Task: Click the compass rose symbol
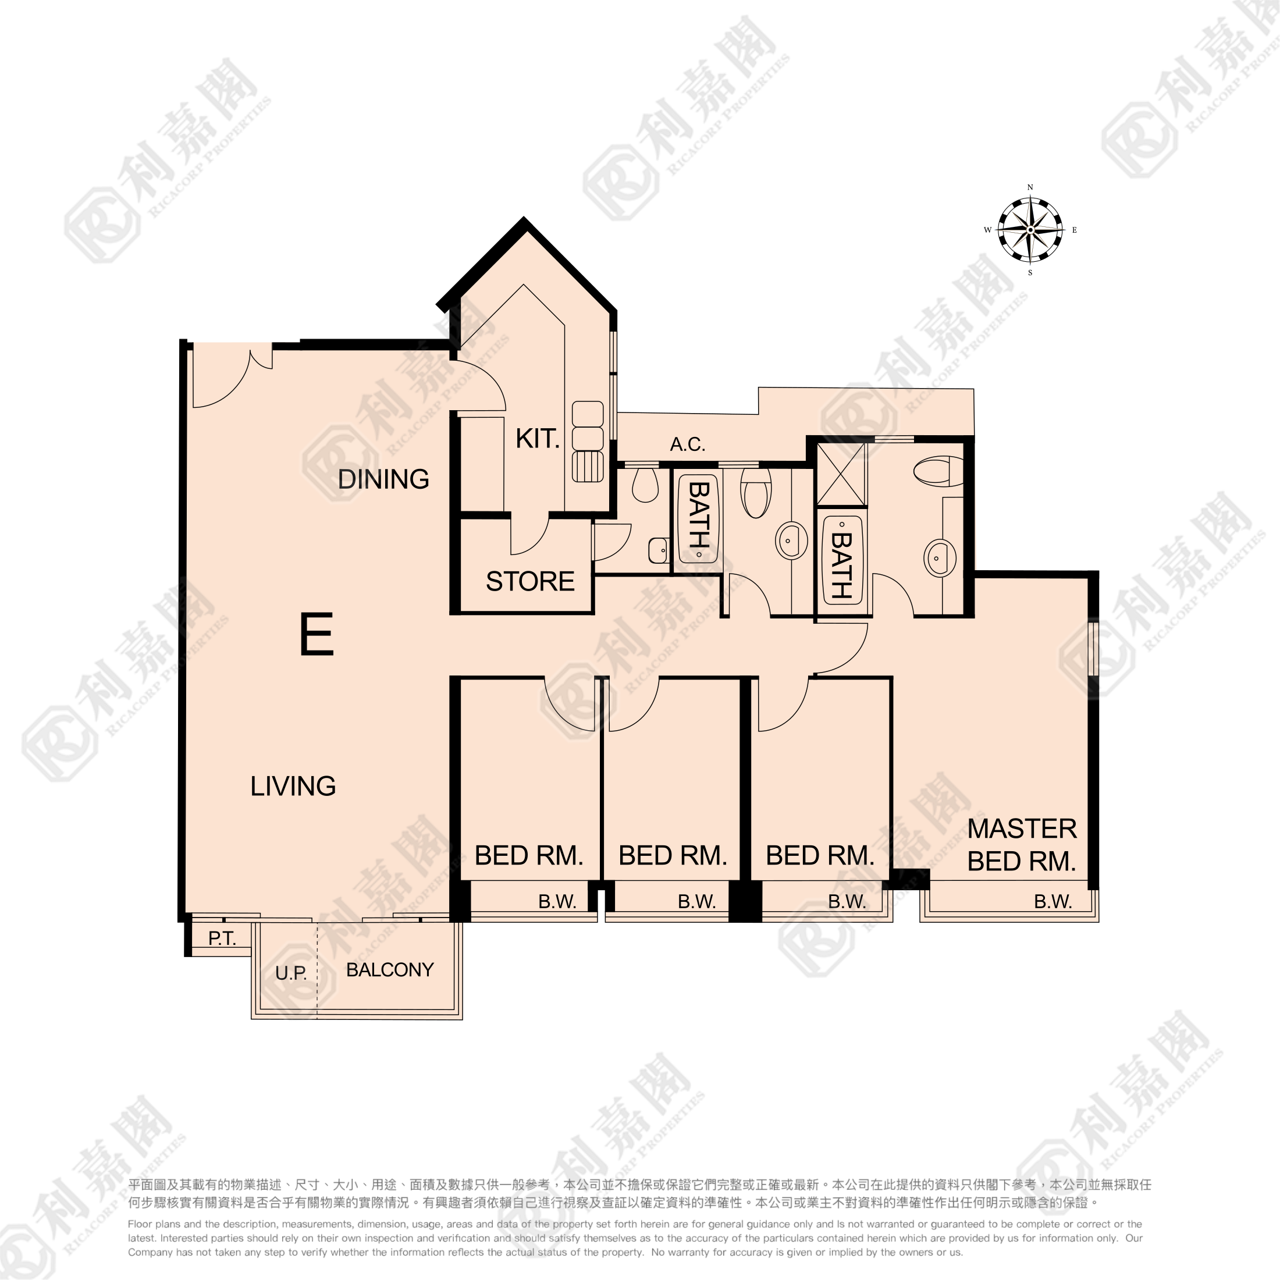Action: (x=1030, y=230)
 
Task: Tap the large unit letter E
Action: (x=317, y=634)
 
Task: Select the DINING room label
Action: (x=383, y=479)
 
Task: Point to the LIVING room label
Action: (x=293, y=786)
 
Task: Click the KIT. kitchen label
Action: (x=537, y=439)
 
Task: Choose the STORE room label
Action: (x=530, y=581)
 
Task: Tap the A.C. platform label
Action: (x=687, y=444)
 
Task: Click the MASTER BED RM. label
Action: (x=1022, y=845)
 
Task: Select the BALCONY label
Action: (x=390, y=970)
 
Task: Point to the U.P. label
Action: (x=291, y=973)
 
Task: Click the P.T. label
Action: (x=222, y=938)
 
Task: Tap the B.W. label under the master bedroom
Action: (x=1053, y=901)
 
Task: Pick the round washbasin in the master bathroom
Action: (x=940, y=557)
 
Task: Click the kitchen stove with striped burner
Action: (x=588, y=467)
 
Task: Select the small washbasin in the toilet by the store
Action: (x=658, y=550)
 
